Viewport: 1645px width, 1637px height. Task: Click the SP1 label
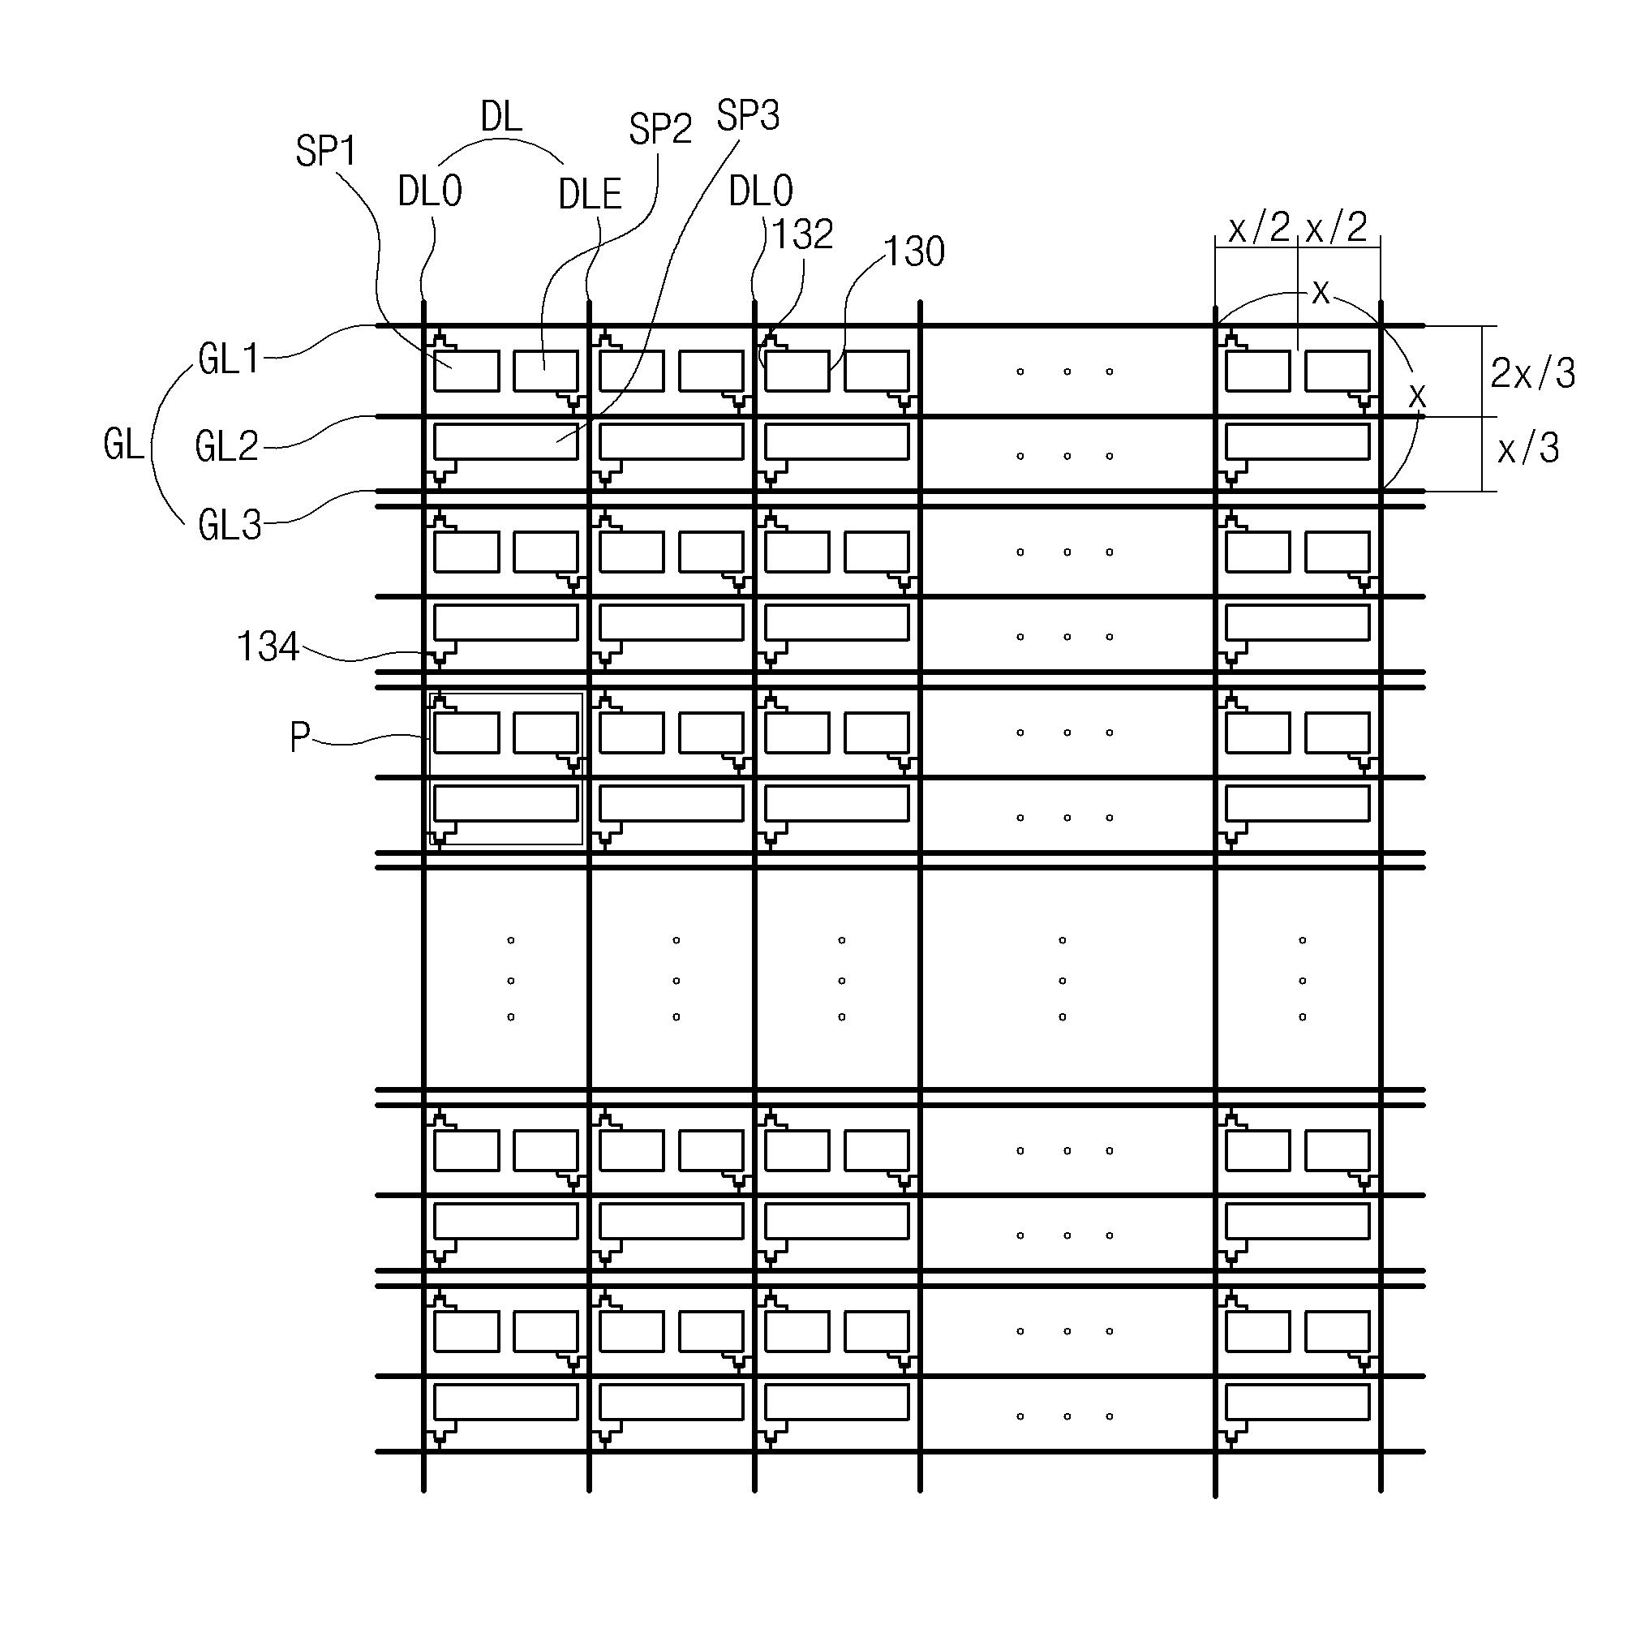point(325,152)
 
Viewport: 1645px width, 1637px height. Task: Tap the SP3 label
point(748,116)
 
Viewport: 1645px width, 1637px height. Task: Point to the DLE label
point(590,195)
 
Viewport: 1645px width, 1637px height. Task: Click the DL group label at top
point(500,117)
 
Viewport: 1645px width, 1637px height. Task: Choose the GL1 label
point(229,359)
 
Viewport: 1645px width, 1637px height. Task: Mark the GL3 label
point(229,526)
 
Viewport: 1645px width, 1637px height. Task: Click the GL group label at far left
point(124,445)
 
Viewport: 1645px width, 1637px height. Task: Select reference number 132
point(802,235)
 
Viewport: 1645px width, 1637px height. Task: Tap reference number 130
point(913,252)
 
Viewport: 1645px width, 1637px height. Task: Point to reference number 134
point(268,647)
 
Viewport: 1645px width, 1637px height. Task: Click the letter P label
point(299,737)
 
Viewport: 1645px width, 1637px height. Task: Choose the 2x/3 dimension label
point(1532,373)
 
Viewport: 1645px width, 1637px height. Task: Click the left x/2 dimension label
point(1259,228)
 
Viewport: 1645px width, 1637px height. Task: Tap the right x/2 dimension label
point(1337,227)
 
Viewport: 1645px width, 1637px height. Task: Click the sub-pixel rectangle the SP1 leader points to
point(466,372)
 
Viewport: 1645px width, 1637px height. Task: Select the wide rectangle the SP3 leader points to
point(506,442)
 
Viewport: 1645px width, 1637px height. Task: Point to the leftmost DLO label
point(430,192)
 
